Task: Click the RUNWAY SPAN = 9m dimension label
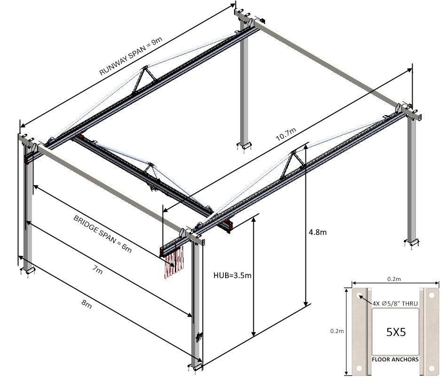pyautogui.click(x=131, y=58)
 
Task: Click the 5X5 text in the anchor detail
pyautogui.click(x=396, y=332)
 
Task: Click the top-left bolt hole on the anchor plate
pyautogui.click(x=360, y=296)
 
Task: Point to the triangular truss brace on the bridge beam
pyautogui.click(x=150, y=169)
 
